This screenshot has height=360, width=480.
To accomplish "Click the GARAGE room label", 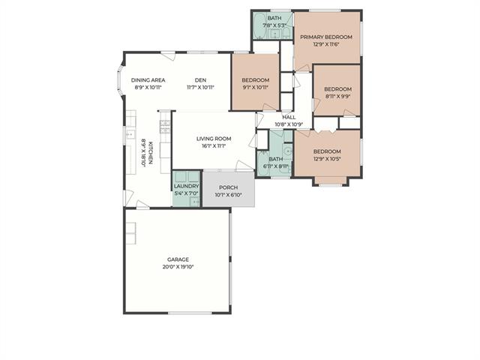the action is click(x=178, y=259).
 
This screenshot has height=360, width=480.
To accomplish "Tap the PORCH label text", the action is click(x=228, y=187).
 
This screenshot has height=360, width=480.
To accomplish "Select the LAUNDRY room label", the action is click(x=187, y=186).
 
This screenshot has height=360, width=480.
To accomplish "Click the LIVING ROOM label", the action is click(x=214, y=139).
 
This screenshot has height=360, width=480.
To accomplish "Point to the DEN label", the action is click(x=200, y=80).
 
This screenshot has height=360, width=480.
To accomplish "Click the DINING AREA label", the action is click(x=148, y=80).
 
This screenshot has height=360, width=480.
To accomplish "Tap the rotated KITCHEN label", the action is click(x=151, y=153).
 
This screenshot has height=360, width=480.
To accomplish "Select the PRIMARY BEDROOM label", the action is click(x=326, y=37).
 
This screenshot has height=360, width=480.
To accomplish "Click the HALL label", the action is click(x=289, y=117).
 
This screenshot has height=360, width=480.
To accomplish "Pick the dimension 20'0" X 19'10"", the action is click(x=178, y=267).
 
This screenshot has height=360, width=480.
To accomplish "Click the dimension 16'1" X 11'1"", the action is click(x=214, y=146).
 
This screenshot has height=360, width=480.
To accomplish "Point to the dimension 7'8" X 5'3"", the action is click(x=274, y=25).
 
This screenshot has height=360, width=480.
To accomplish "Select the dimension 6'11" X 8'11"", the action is click(x=276, y=166).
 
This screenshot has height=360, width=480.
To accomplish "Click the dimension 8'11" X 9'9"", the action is click(x=338, y=97).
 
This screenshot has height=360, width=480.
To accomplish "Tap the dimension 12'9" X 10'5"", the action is click(x=327, y=159).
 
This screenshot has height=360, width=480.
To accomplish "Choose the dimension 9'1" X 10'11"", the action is click(x=256, y=88).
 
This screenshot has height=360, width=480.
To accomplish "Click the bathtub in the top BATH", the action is click(x=259, y=25).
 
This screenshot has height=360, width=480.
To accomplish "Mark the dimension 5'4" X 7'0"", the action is click(x=187, y=193).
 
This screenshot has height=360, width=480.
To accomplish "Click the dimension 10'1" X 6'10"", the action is click(x=228, y=195).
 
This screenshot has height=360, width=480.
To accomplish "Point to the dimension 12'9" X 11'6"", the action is click(x=326, y=44).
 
